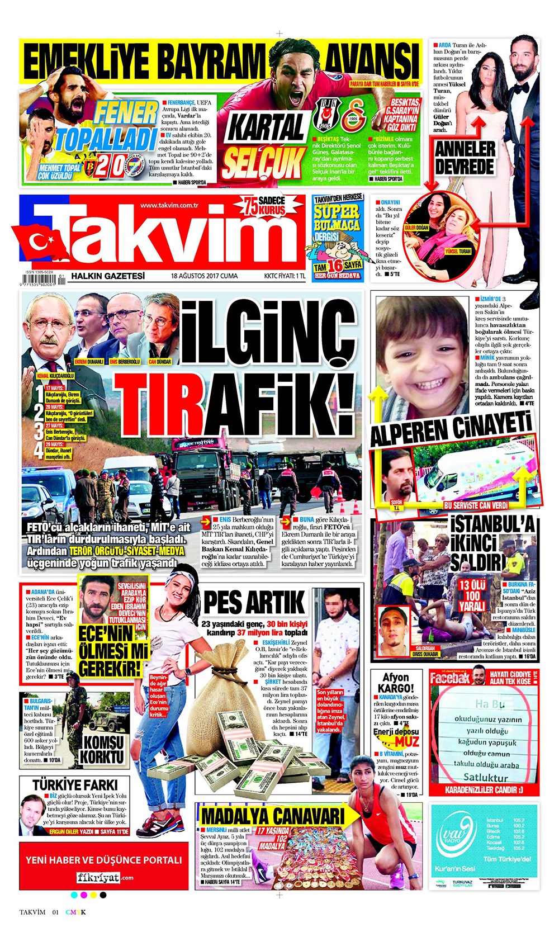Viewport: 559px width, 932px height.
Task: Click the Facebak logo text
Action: click(x=450, y=678)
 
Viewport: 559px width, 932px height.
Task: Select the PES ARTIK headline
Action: click(x=254, y=603)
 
